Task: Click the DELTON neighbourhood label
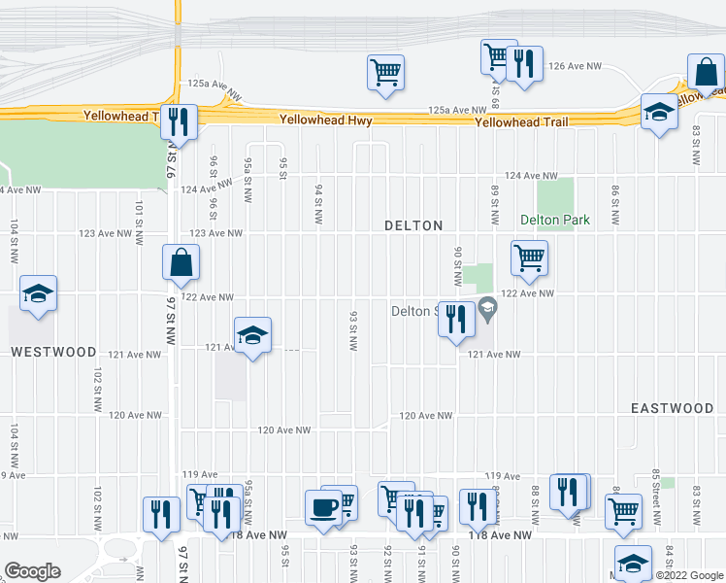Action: click(413, 225)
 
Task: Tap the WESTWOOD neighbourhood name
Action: click(53, 352)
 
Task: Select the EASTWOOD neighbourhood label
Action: click(672, 408)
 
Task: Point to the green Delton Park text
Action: click(555, 220)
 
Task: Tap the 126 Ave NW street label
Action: click(576, 66)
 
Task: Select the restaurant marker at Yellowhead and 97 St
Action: click(179, 120)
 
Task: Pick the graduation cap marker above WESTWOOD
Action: click(38, 292)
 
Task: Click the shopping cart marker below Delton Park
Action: click(530, 258)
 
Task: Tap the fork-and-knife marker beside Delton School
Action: click(456, 319)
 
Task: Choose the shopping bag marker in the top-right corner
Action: click(706, 71)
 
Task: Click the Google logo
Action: click(32, 571)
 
